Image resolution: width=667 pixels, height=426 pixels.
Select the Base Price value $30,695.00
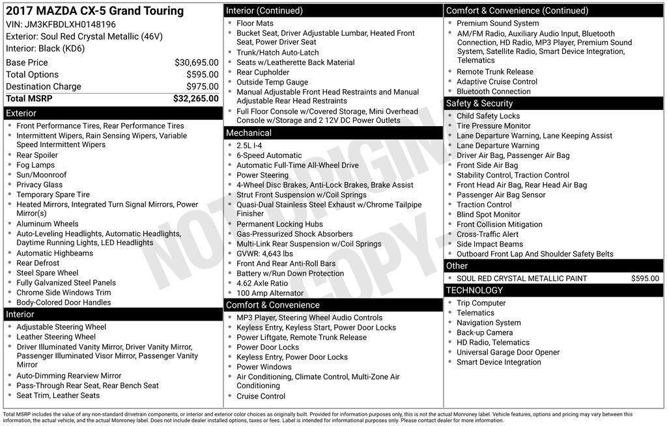(196, 62)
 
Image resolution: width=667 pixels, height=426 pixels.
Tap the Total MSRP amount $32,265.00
(195, 99)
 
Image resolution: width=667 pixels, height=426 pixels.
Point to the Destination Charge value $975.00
(203, 87)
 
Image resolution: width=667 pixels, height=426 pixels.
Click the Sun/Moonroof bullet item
(42, 175)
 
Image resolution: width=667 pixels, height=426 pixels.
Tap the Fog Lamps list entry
(36, 165)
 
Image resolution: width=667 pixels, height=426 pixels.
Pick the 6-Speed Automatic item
(269, 155)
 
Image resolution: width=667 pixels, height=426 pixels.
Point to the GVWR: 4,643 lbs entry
(264, 254)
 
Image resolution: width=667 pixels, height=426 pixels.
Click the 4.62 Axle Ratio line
(262, 284)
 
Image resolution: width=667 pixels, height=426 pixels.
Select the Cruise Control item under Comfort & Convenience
(261, 396)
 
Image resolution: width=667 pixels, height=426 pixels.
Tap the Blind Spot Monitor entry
(488, 215)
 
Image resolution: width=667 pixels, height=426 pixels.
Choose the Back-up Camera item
(485, 332)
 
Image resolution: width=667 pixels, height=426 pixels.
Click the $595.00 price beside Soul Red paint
(645, 278)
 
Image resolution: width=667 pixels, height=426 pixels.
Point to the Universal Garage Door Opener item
(508, 353)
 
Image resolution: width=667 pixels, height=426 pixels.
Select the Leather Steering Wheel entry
(56, 337)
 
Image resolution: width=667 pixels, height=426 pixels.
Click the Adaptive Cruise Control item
(497, 82)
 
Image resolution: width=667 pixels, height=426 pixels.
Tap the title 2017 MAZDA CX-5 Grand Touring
(95, 11)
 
